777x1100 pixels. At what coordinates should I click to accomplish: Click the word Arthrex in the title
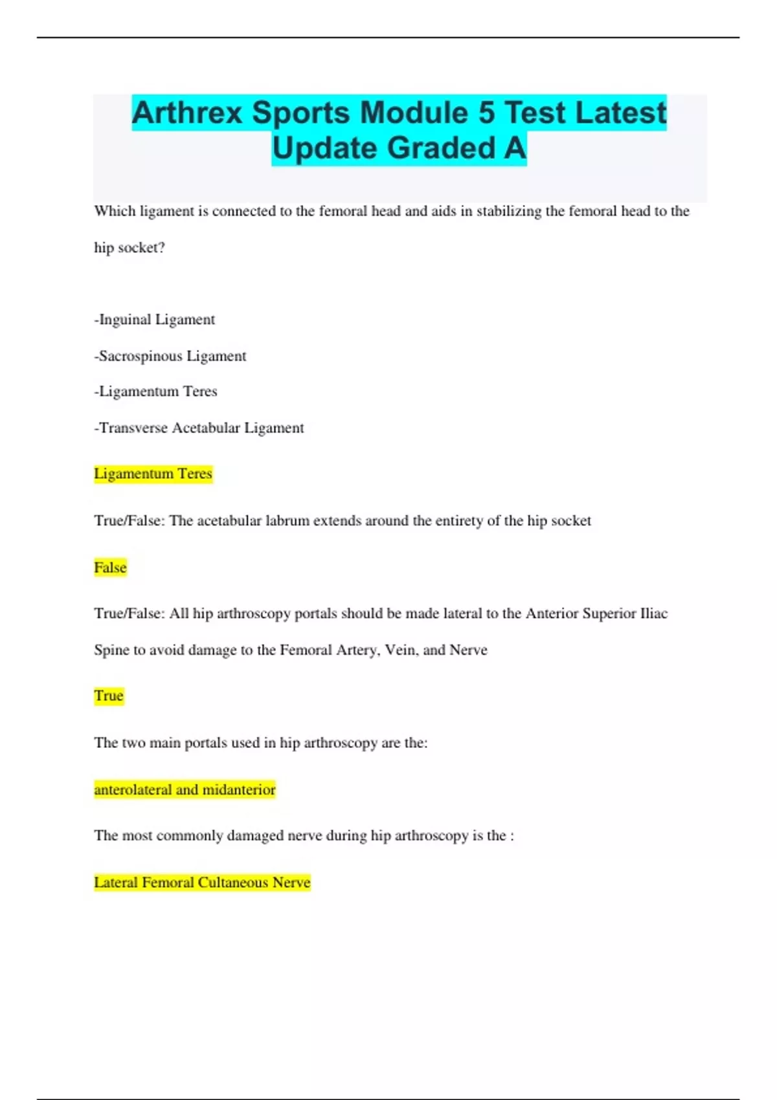[187, 113]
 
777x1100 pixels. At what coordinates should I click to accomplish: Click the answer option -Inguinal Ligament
[155, 320]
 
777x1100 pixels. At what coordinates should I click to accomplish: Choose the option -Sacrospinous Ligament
[170, 356]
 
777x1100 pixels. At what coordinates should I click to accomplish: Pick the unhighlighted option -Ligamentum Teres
[156, 391]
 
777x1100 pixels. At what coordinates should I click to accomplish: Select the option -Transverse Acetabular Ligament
[199, 428]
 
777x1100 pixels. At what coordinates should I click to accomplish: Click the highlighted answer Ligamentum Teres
[153, 474]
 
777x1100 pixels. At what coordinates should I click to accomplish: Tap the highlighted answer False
[110, 567]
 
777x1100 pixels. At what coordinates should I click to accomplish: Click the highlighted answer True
[108, 696]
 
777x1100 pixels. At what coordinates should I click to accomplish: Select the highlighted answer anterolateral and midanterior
[185, 789]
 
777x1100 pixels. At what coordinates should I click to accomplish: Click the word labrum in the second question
[287, 521]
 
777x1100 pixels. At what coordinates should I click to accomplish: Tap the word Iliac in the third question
[653, 613]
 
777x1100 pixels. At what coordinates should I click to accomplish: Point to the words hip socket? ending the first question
[129, 248]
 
